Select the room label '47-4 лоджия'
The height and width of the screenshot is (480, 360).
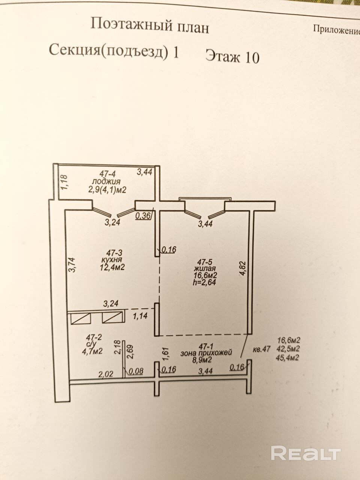coord(107,177)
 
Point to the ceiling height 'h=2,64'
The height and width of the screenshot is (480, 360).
coord(204,282)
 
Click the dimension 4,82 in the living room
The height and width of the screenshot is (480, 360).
coord(243,268)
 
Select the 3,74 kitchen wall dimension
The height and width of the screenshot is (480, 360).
coord(73,264)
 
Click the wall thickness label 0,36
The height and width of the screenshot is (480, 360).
coord(142,216)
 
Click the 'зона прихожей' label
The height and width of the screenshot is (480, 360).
coord(206,353)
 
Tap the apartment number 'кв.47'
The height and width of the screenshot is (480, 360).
coord(262,349)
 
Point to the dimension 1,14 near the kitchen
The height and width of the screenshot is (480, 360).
coord(140,316)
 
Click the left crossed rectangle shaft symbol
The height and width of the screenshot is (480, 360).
coord(81,318)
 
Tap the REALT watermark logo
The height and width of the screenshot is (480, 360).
coord(305,453)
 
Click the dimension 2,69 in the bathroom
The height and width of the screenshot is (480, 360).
coord(130,352)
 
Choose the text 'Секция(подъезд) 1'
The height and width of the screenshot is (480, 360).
coord(114,51)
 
